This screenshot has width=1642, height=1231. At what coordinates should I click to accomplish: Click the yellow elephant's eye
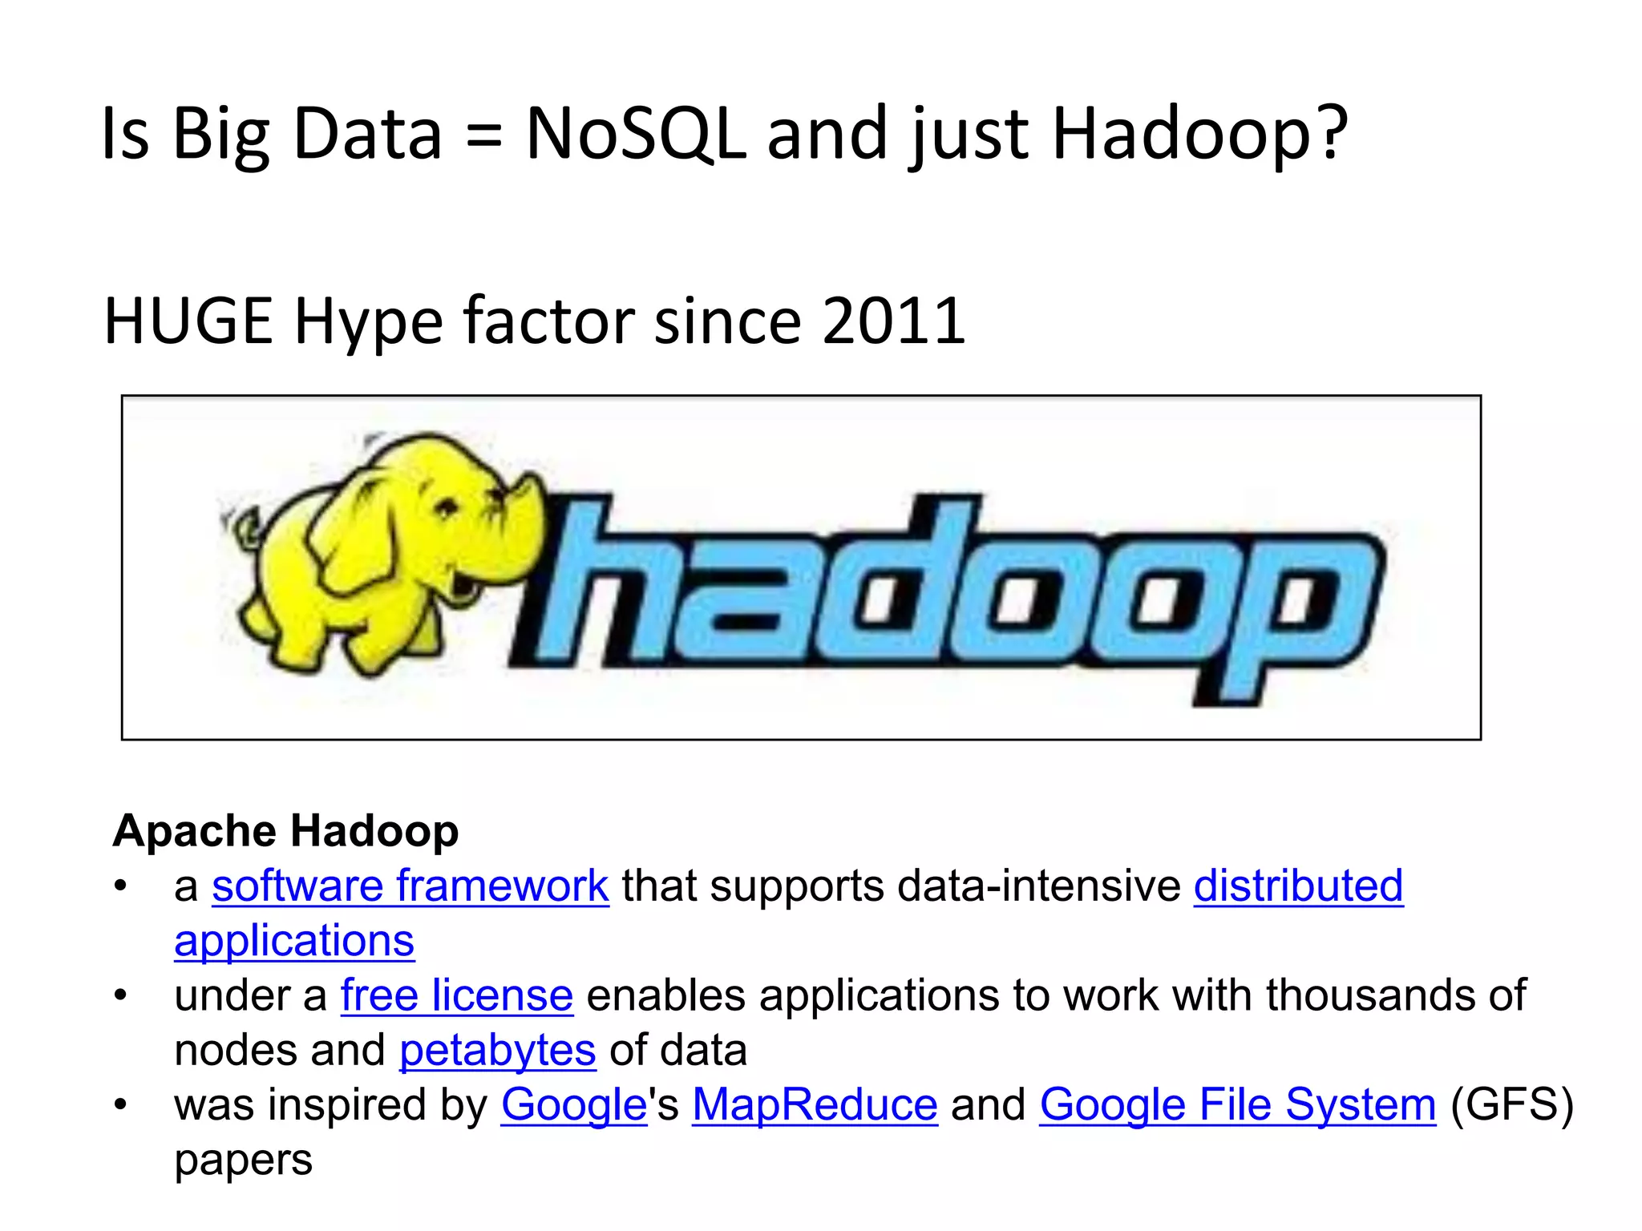[x=447, y=507]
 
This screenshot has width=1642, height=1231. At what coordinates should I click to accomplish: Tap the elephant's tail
[x=241, y=529]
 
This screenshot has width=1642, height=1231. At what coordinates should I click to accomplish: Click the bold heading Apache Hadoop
[x=285, y=830]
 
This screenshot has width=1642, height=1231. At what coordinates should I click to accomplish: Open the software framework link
[x=410, y=886]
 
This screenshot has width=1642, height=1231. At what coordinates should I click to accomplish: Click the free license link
[x=456, y=995]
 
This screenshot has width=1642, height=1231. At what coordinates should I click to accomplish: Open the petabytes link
[x=497, y=1051]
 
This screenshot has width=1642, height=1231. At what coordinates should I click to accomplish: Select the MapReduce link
[x=815, y=1105]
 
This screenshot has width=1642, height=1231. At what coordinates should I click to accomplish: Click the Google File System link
[x=1237, y=1105]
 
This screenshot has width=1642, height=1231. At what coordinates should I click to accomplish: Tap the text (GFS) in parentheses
[x=1512, y=1105]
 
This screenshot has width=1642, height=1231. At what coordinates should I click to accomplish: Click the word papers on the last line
[x=243, y=1160]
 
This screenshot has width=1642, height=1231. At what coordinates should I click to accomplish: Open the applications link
[x=294, y=941]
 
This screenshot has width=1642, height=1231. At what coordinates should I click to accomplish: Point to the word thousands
[x=1370, y=995]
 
